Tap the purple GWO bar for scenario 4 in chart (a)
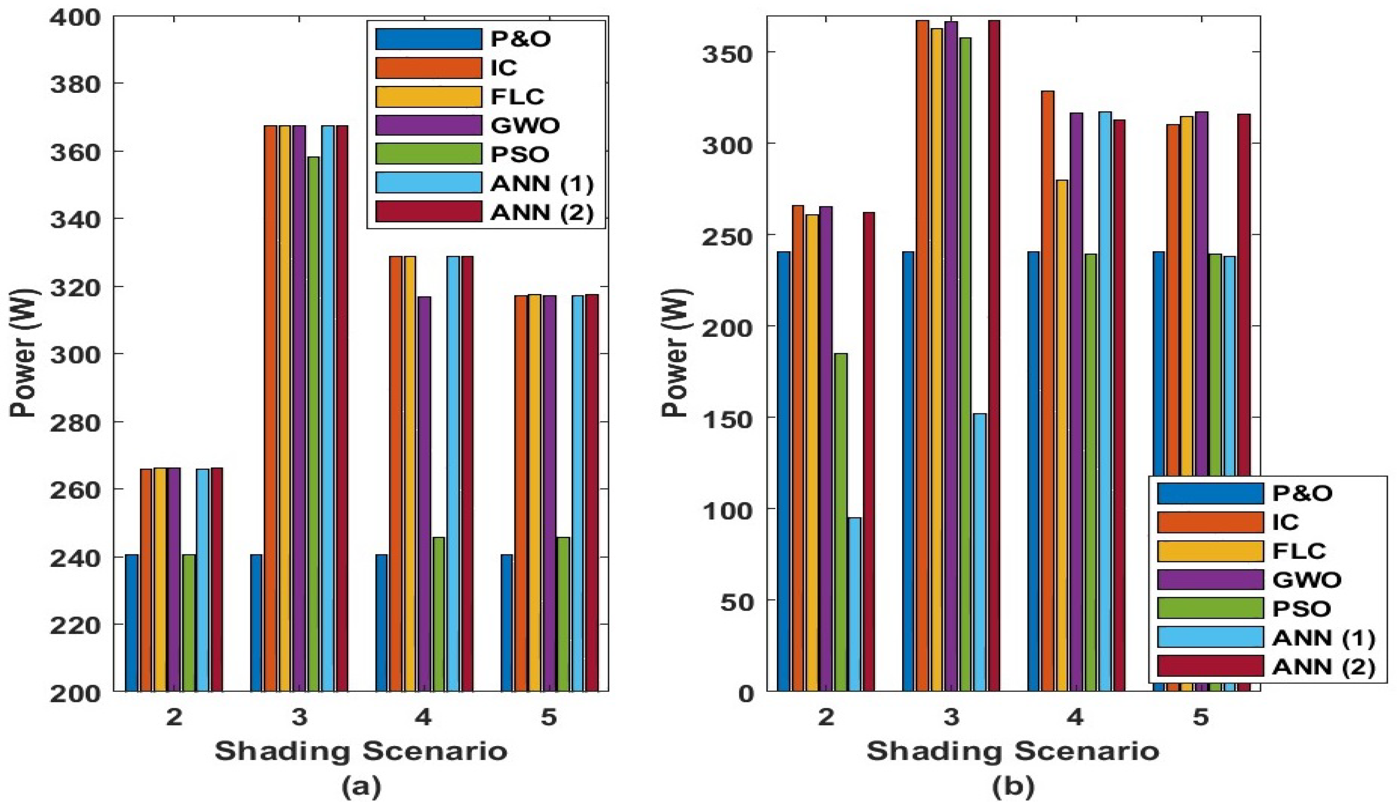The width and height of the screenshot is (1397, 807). pyautogui.click(x=424, y=493)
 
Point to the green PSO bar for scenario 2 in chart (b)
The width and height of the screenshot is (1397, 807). pyautogui.click(x=840, y=521)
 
